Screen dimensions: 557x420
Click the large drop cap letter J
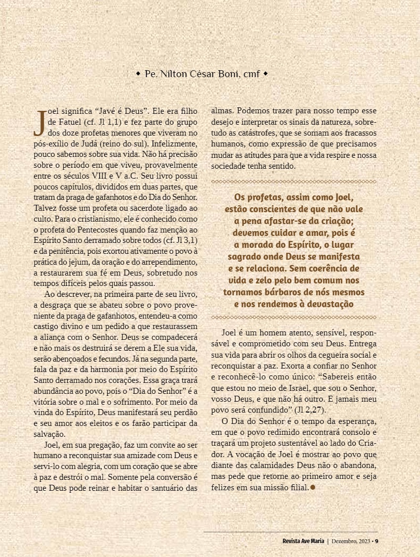(39, 123)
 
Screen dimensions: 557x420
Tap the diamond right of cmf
(265, 74)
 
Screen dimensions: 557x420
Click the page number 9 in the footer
(377, 540)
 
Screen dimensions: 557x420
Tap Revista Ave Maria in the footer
(300, 540)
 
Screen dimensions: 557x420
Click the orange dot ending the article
(313, 487)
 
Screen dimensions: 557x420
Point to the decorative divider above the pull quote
(294, 182)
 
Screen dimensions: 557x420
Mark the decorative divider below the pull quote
(294, 317)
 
